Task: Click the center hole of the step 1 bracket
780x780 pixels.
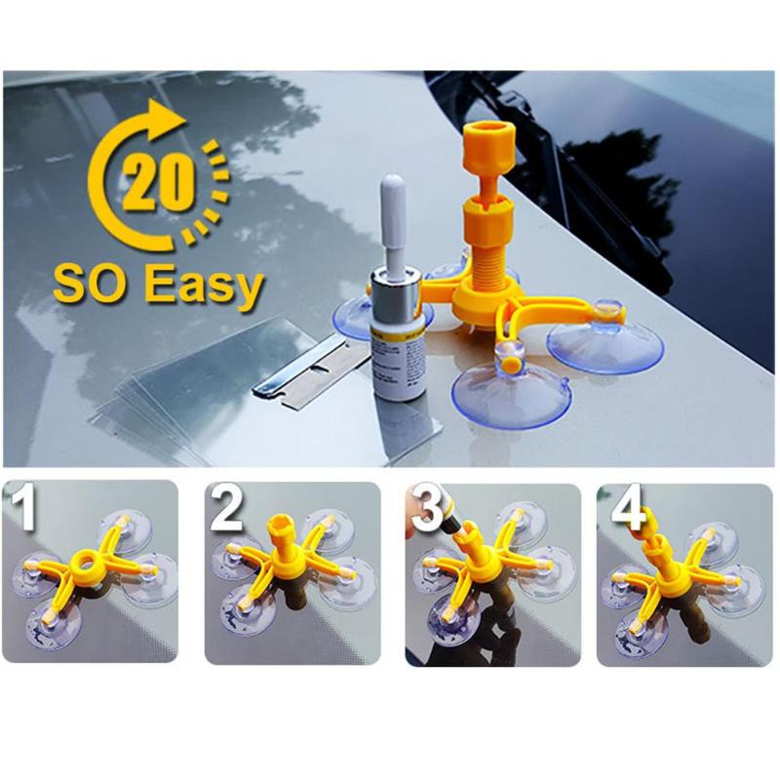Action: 93,562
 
